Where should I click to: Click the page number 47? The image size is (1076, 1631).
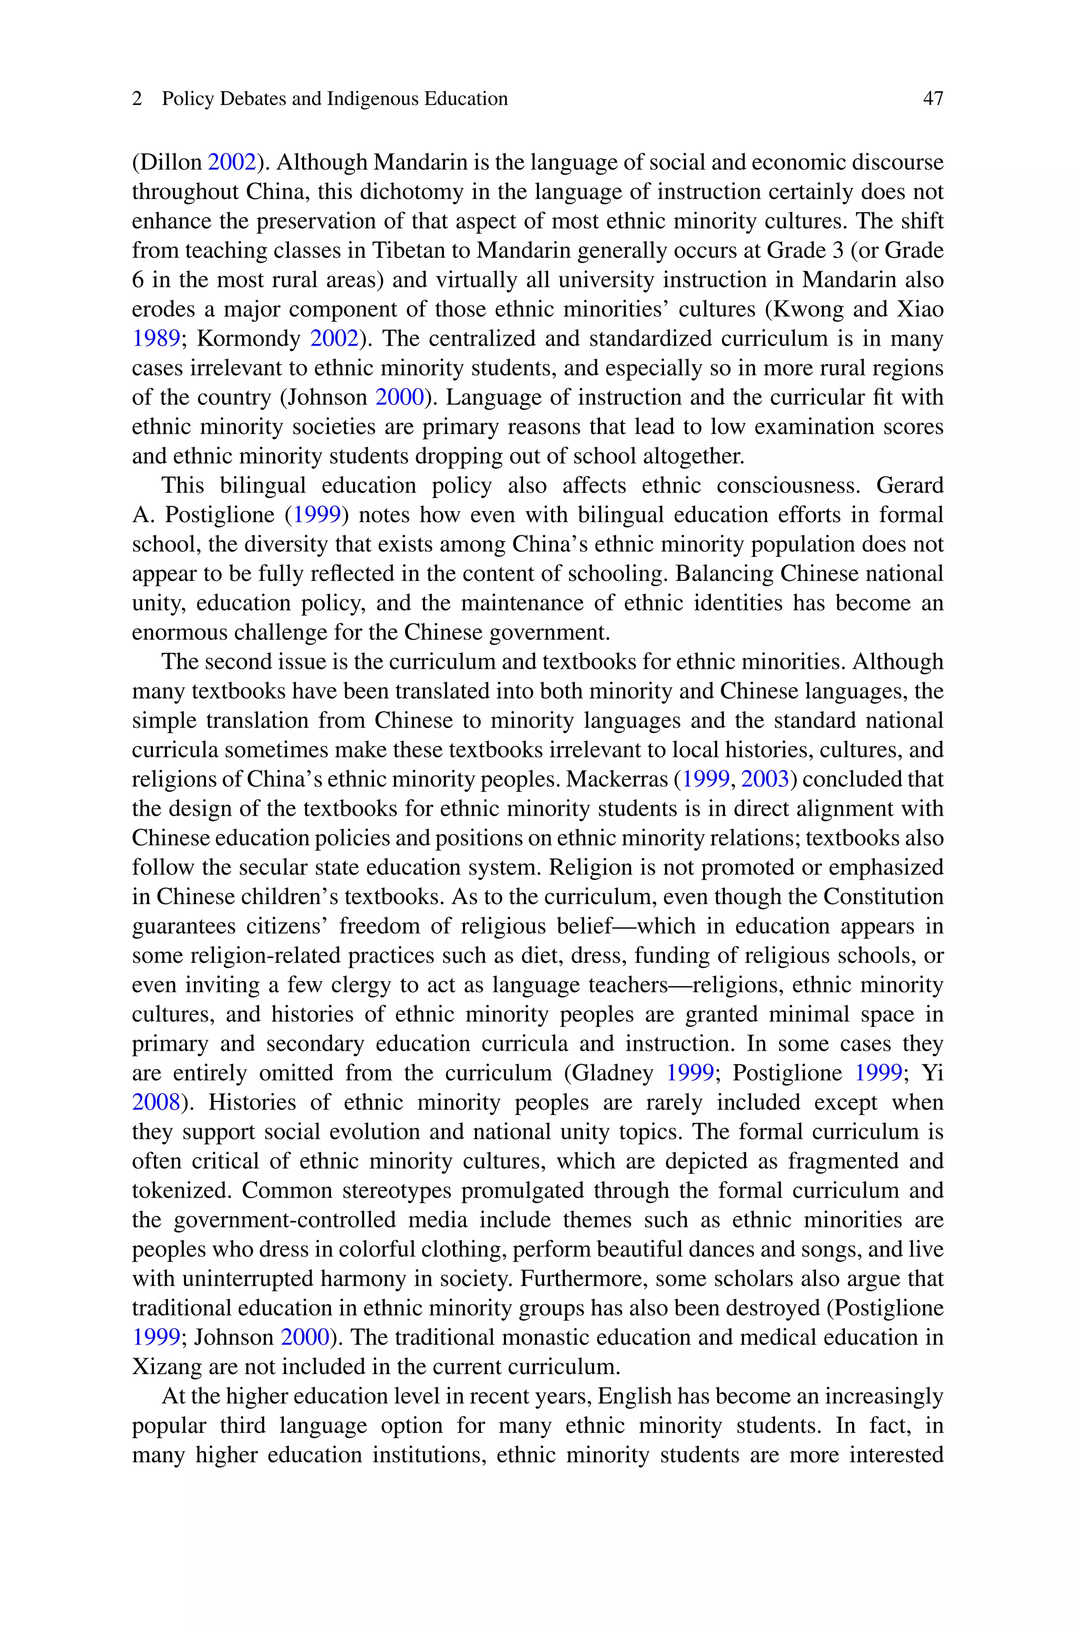coord(933,99)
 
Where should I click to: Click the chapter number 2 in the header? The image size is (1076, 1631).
coord(137,99)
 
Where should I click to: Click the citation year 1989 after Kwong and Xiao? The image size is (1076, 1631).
coord(155,339)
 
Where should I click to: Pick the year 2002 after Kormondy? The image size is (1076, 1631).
coord(334,339)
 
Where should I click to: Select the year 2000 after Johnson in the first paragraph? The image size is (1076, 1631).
coord(399,397)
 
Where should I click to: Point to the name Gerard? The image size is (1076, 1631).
coord(909,485)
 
